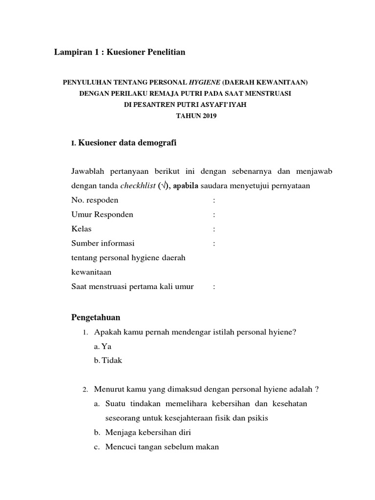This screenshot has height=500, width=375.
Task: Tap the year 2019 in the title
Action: [206, 116]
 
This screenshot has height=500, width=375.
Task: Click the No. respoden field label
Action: [95, 200]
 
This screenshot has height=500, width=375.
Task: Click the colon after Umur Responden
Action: [214, 214]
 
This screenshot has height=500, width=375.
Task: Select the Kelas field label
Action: [81, 229]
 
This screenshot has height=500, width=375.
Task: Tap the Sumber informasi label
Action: [103, 243]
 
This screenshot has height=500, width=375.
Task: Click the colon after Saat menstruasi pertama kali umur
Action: [214, 287]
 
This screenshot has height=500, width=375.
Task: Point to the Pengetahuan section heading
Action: [96, 317]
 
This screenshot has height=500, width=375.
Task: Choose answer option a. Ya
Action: [100, 346]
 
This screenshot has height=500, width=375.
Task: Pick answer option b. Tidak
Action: [108, 360]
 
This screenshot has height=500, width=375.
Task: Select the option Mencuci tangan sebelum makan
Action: [162, 447]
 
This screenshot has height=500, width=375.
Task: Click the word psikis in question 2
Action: [258, 418]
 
